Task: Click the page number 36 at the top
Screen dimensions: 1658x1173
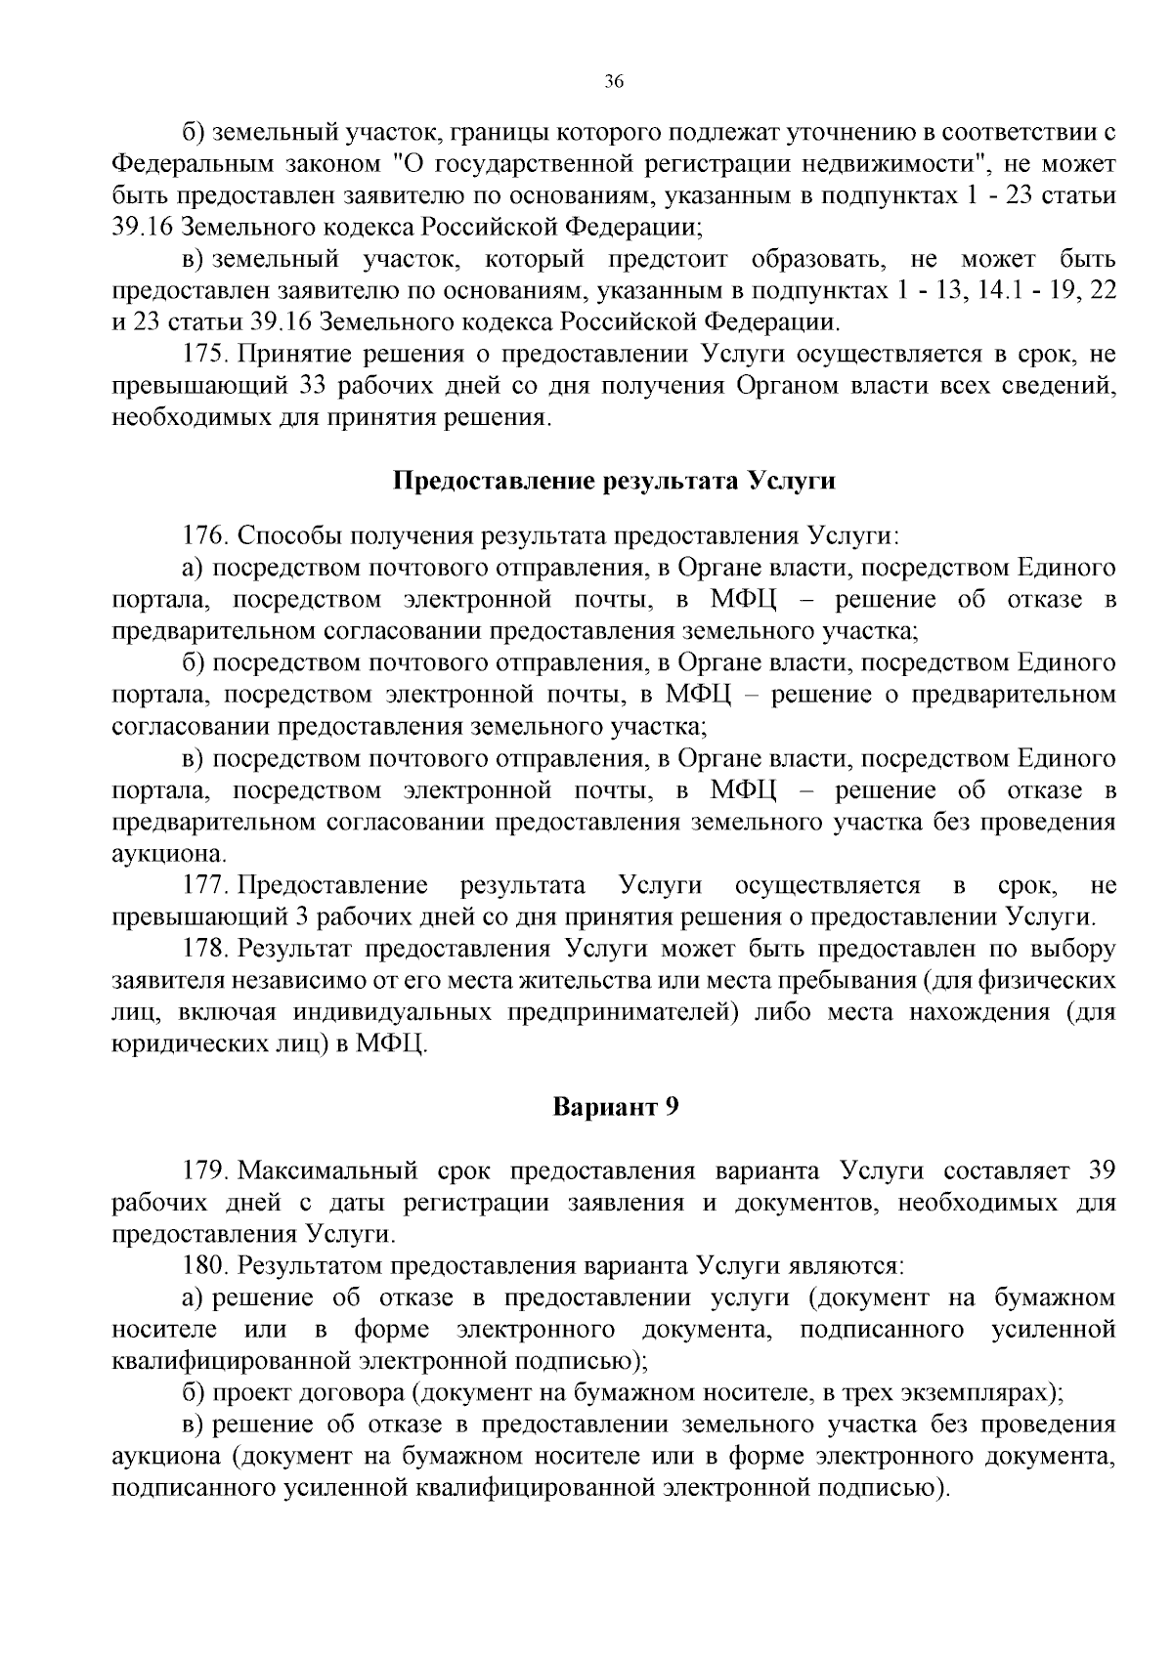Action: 614,82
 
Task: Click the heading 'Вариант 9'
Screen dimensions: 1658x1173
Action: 616,1107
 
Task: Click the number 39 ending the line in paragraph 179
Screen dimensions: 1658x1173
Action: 1102,1170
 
